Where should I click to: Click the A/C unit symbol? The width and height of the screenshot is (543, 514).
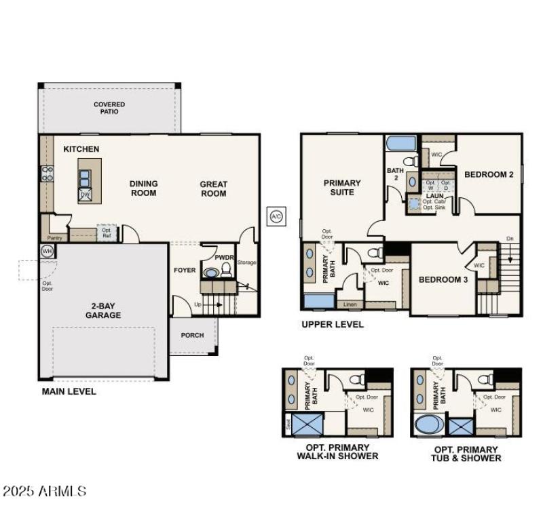pos(276,216)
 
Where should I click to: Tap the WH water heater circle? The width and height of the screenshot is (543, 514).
pos(47,251)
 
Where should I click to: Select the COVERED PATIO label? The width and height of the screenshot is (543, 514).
pos(109,108)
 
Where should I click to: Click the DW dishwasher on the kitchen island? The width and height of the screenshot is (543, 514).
pos(86,195)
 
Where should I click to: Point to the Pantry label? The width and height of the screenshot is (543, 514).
pos(54,237)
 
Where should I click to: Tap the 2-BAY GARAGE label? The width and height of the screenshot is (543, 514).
pos(103,311)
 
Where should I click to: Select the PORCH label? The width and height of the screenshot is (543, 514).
pos(192,335)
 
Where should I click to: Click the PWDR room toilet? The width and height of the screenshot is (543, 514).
pos(227,271)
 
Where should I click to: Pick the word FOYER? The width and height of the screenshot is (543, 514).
pos(185,270)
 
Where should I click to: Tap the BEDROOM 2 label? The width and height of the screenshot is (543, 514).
pos(489,174)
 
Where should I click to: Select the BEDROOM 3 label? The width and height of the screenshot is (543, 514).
pos(443,279)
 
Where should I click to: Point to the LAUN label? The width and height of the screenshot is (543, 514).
pos(434,196)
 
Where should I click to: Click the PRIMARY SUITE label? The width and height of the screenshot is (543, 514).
pos(342,188)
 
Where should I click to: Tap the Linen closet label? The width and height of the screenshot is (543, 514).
pos(350,304)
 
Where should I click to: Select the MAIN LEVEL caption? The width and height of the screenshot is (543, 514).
pos(69,391)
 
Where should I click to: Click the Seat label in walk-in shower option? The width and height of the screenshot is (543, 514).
pos(288,425)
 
